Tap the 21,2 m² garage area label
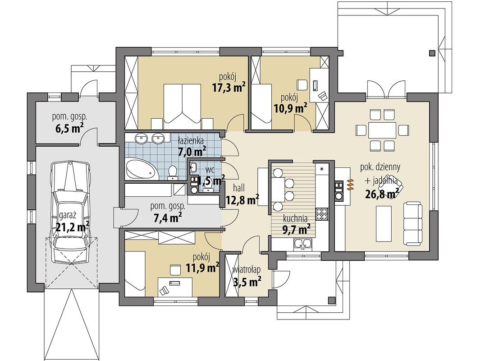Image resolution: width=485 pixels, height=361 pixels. point(73,227)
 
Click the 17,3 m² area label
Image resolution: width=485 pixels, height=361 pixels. point(229,88)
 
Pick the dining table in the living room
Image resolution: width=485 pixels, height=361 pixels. point(382,130)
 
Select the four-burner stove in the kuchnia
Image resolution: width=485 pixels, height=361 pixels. point(321,213)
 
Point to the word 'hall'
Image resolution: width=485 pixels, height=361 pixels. point(238,188)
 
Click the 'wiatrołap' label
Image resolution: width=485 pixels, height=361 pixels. point(247,270)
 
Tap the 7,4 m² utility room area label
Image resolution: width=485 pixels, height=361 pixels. point(168,218)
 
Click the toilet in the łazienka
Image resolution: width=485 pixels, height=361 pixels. point(172,173)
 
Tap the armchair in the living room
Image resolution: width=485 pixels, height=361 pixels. point(394,190)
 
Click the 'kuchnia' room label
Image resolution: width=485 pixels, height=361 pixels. point(295,218)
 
